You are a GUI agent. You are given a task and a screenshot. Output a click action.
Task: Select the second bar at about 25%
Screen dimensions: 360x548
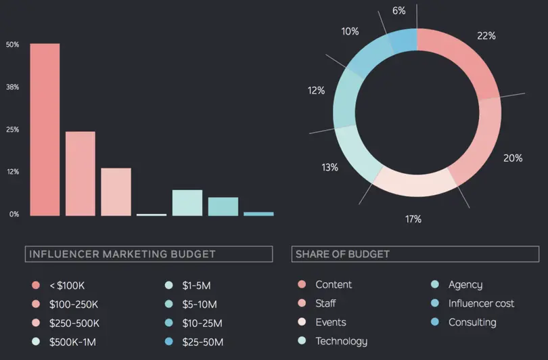click(81, 173)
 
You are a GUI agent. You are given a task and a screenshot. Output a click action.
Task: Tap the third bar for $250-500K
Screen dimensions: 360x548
click(116, 192)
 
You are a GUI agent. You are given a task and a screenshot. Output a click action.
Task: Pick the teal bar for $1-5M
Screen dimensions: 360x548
click(187, 202)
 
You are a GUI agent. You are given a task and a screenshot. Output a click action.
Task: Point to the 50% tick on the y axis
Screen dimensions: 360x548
click(12, 45)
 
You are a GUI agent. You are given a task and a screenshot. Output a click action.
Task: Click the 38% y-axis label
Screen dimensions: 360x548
click(12, 87)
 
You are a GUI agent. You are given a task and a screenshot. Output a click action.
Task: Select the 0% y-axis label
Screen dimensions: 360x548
click(14, 215)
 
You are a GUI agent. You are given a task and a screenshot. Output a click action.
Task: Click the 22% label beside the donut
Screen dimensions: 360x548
click(486, 36)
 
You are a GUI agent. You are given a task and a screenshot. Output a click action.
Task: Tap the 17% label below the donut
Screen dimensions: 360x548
click(413, 219)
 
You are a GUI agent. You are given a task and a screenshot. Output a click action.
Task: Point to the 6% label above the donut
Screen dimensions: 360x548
click(399, 11)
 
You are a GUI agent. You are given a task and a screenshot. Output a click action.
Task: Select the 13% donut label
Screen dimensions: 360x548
click(329, 167)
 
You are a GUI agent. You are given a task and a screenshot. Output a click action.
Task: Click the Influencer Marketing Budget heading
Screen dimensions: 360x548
click(121, 254)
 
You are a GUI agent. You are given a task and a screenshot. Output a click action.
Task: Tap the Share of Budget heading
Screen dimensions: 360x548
click(343, 254)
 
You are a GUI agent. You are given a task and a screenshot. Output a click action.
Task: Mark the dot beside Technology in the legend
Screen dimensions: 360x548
click(302, 341)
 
